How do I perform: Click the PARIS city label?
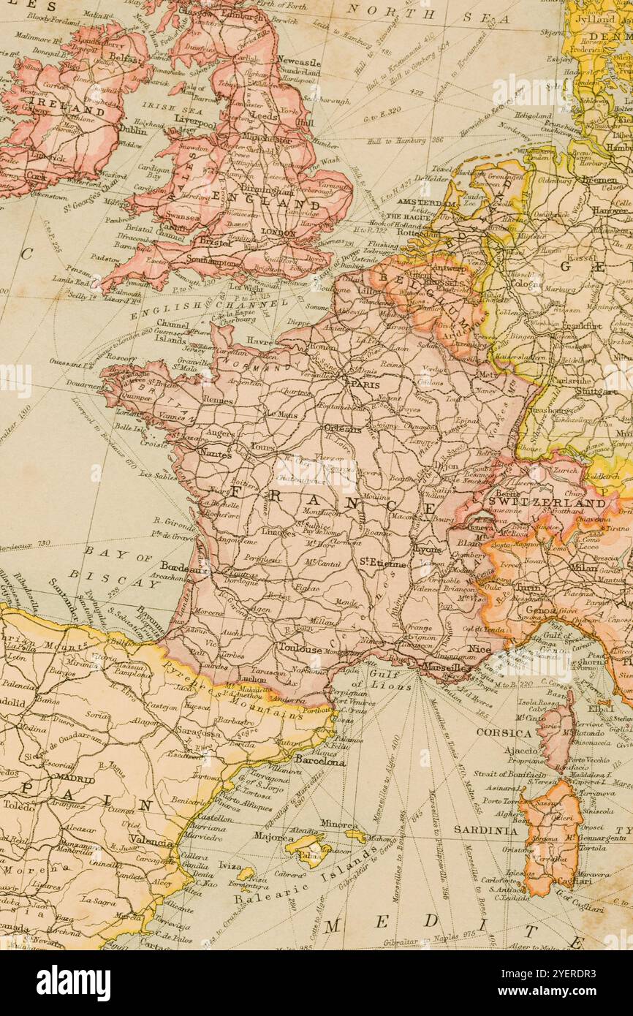tap(365, 383)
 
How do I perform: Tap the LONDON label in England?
tap(278, 232)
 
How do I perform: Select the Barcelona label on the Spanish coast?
tap(319, 761)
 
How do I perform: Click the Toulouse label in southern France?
tap(300, 648)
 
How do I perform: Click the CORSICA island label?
tap(504, 732)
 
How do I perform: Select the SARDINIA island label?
tap(485, 830)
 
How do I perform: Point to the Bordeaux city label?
tap(180, 567)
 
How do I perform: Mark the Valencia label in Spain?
tap(151, 841)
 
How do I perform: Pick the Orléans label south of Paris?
tap(342, 429)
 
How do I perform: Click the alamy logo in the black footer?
tap(73, 983)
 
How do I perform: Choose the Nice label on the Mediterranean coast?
tap(479, 649)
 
